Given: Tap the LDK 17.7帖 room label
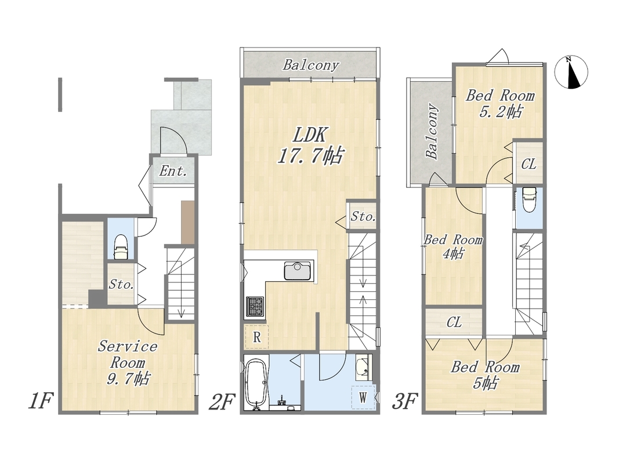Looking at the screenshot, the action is point(310,146).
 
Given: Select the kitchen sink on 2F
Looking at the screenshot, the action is point(298,271).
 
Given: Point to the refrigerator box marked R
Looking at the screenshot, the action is point(256,337).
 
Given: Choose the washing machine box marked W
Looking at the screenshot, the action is point(363,397).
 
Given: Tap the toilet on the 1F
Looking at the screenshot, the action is point(121,248).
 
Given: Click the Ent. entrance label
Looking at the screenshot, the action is point(173,171).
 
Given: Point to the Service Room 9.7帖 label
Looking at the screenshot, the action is point(128,362).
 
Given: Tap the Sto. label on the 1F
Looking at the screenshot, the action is point(121,284).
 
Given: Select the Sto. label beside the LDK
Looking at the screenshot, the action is point(363,216).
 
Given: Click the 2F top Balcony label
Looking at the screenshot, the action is point(311,65).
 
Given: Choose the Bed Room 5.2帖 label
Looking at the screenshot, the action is point(500,104).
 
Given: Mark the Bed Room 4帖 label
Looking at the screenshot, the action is point(453,246).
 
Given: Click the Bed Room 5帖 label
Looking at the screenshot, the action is point(485,375).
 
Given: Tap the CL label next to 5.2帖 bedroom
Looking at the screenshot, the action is point(528,164).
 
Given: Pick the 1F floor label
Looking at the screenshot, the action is point(40,401).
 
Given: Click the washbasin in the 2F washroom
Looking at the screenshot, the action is point(364,368).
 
